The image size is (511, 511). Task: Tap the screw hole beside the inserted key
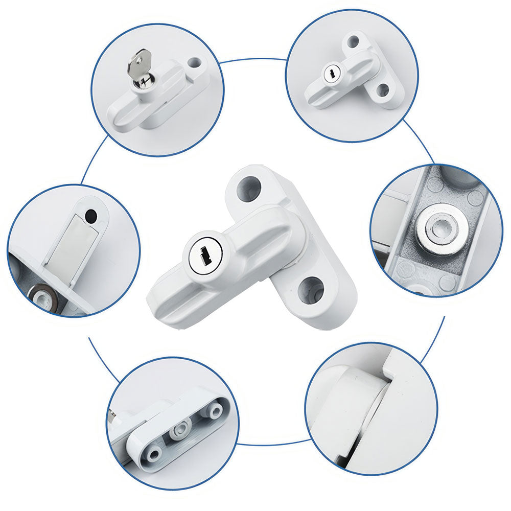(194, 63)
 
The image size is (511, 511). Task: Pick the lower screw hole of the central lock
(311, 289)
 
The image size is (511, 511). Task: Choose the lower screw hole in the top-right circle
(382, 90)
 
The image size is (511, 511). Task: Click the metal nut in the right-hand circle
(437, 228)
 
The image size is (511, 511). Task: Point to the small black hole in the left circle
(91, 215)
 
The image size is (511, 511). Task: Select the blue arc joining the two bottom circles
(271, 443)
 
